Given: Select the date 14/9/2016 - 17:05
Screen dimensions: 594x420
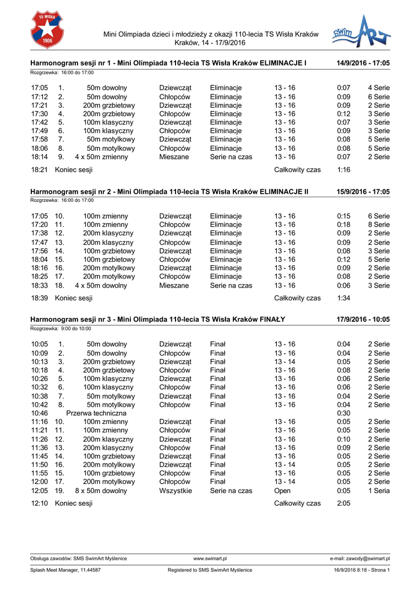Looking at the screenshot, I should (x=363, y=62).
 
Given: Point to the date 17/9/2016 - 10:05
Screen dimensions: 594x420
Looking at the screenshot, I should (x=363, y=320).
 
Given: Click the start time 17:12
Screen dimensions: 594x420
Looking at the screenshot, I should (x=39, y=97).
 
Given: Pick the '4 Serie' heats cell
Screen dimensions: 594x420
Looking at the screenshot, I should (x=378, y=88).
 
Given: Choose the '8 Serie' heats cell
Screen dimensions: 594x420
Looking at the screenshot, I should (x=378, y=225).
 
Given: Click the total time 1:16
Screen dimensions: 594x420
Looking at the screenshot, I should (x=343, y=170).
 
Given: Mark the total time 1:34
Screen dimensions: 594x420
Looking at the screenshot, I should (x=343, y=298).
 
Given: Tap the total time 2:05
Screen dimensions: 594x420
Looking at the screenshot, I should (x=343, y=504).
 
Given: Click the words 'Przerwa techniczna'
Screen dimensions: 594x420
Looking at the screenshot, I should (x=96, y=413).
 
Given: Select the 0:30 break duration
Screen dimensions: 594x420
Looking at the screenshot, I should (x=343, y=413).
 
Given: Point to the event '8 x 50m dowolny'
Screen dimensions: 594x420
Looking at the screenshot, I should (x=101, y=491).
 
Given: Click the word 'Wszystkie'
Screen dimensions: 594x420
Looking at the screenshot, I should (x=176, y=491).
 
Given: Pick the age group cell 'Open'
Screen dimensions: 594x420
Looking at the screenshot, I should (x=283, y=491).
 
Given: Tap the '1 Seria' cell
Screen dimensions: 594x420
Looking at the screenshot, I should (x=378, y=491).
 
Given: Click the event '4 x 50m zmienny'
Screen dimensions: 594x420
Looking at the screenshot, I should (x=101, y=157).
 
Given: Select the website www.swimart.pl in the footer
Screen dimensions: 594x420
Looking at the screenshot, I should (x=210, y=559).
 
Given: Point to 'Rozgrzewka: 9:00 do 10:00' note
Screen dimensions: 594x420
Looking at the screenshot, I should (x=61, y=328).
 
